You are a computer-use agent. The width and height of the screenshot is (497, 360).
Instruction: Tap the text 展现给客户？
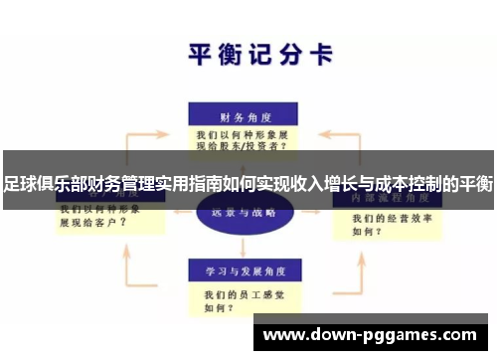92,224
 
